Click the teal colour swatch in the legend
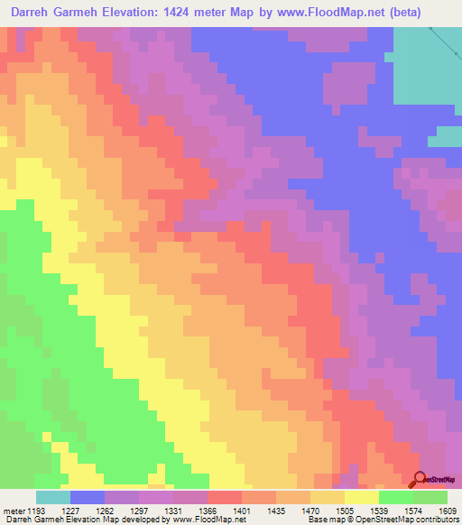click(53, 497)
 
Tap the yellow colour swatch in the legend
click(362, 497)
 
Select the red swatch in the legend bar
click(225, 497)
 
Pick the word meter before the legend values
click(13, 510)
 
